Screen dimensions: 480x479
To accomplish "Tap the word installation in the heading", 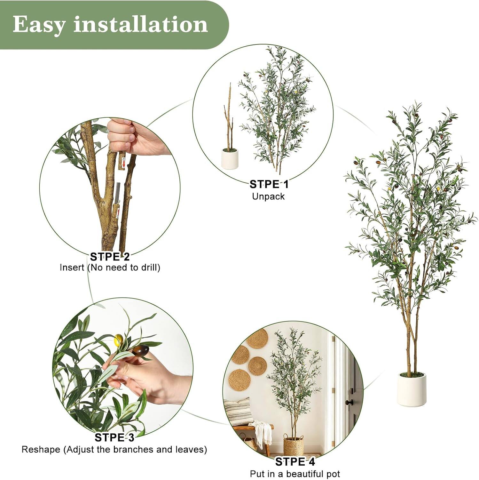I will [x=141, y=24].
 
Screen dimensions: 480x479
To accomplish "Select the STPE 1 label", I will [x=269, y=184].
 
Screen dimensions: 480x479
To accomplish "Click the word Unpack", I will [x=268, y=196].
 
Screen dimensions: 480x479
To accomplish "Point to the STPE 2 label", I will [x=110, y=257].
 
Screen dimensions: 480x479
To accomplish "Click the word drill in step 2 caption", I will [x=147, y=267].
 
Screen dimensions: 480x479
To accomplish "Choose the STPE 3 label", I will [x=114, y=437].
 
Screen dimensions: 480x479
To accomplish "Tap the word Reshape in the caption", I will [x=41, y=449].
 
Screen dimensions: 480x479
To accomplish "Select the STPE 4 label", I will [x=295, y=462].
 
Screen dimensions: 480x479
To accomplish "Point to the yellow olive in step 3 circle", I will [x=119, y=339].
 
